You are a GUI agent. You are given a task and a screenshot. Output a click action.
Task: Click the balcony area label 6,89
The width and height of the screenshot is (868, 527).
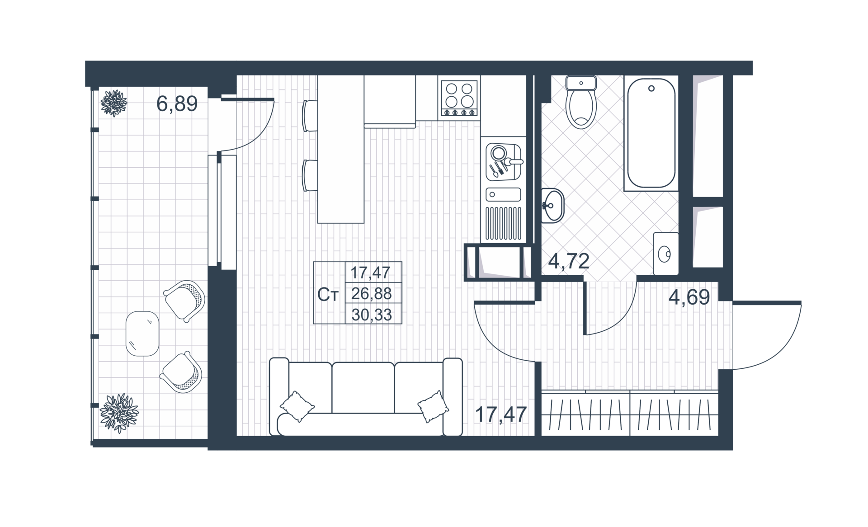(x=177, y=104)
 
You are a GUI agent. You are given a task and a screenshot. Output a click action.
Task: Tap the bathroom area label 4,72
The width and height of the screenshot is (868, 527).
(x=569, y=261)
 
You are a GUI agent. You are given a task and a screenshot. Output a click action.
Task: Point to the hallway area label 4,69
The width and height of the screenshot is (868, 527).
(x=689, y=297)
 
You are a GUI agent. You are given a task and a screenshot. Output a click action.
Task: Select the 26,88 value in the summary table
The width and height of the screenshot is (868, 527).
(x=371, y=294)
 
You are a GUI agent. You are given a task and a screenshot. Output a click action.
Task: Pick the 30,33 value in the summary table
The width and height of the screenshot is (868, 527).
(x=371, y=315)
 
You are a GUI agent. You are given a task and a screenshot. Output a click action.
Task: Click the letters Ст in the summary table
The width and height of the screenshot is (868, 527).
(x=328, y=295)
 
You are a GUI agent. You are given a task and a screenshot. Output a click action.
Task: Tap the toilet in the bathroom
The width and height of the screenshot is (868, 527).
(x=581, y=102)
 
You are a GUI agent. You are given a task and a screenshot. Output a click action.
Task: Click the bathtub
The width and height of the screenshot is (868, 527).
(x=651, y=133)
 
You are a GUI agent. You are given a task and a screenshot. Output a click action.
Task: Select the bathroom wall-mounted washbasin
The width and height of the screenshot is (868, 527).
(x=552, y=206)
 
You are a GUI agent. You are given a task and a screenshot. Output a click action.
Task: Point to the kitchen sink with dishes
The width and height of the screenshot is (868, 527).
(x=503, y=161)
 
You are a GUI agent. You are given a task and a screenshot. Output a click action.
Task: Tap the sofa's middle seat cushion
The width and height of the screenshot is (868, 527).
(x=363, y=387)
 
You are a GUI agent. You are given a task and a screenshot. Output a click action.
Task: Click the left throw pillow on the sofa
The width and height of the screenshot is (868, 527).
(x=297, y=406)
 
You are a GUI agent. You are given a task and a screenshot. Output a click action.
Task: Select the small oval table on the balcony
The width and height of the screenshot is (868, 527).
(x=142, y=334)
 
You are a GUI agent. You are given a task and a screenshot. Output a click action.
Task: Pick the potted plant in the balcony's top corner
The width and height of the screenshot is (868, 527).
(x=114, y=103)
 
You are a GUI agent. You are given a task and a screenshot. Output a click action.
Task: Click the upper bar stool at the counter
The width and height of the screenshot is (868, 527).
(x=310, y=116)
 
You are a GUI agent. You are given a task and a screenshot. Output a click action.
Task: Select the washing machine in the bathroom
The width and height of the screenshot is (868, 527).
(x=665, y=254)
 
